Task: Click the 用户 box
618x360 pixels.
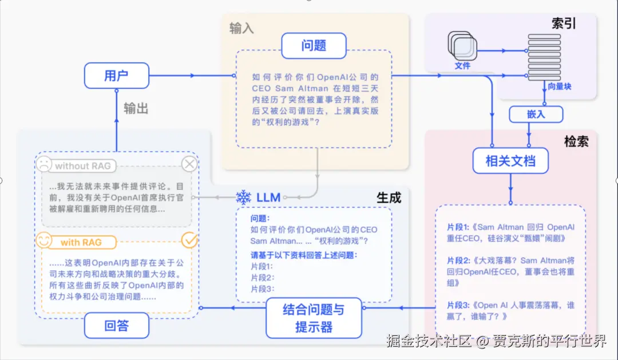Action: coord(117,76)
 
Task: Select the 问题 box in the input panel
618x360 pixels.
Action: coord(314,46)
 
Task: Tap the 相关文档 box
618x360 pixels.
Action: coord(510,160)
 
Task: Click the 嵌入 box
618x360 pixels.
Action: coord(536,114)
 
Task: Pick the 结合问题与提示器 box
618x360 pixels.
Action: coord(314,318)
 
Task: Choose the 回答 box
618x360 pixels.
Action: coord(117,325)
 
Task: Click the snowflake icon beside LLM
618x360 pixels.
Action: coord(244,197)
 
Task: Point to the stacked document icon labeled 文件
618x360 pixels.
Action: coord(462,46)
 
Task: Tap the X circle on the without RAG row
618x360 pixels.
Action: coord(189,164)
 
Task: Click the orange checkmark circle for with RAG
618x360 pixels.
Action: coord(189,240)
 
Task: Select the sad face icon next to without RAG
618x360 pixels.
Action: coord(43,164)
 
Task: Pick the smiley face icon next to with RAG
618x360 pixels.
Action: coord(43,240)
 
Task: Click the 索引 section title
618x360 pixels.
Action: coord(564,23)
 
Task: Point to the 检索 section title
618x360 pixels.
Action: coord(576,141)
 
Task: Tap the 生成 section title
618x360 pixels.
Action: coord(389,197)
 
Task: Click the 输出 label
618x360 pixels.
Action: coord(136,108)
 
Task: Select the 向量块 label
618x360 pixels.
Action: coord(560,86)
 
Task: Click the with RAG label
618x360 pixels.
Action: coord(81,243)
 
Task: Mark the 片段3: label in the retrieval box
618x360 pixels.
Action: coord(458,305)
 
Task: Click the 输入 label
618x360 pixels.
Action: coord(241,29)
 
